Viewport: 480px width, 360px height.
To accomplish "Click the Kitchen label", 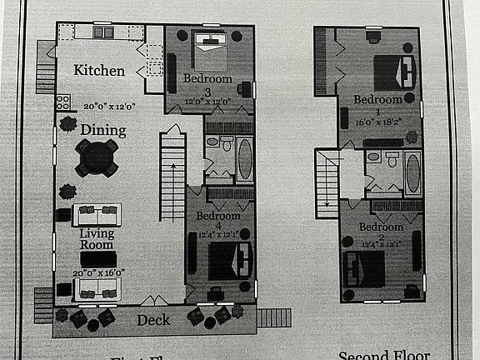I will click(99, 71).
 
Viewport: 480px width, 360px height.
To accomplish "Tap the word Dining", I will click(103, 130).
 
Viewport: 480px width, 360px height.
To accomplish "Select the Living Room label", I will click(97, 239).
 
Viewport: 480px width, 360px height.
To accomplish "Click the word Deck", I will click(152, 320).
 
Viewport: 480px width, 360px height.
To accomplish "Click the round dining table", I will click(97, 156).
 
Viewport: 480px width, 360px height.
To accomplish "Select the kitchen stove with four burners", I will click(62, 102).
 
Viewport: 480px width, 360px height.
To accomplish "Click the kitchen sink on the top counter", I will click(103, 32).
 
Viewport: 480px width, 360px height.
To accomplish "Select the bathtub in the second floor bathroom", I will click(412, 172).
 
